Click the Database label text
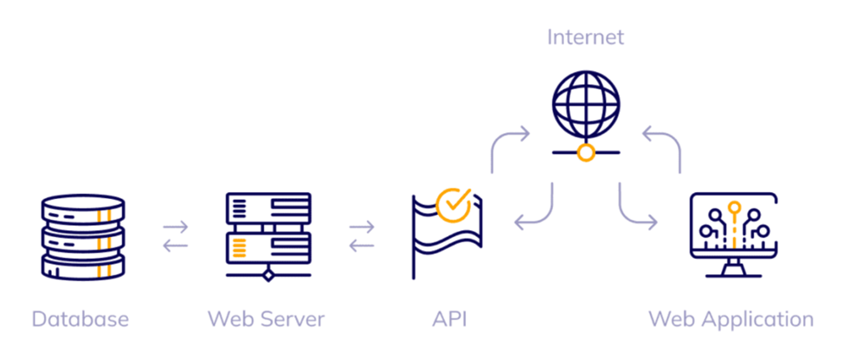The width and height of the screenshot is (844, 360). coord(81,318)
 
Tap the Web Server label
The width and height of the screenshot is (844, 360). coord(267,318)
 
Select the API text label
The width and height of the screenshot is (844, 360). coord(449,318)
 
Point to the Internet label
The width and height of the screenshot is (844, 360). coord(586,37)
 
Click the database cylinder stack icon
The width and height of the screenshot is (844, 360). coord(83,237)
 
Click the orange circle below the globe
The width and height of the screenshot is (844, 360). coord(586,153)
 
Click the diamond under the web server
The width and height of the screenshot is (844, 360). coord(268,275)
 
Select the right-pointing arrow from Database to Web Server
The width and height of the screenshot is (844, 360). coord(176,227)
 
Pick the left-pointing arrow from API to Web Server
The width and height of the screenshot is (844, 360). coord(362,246)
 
